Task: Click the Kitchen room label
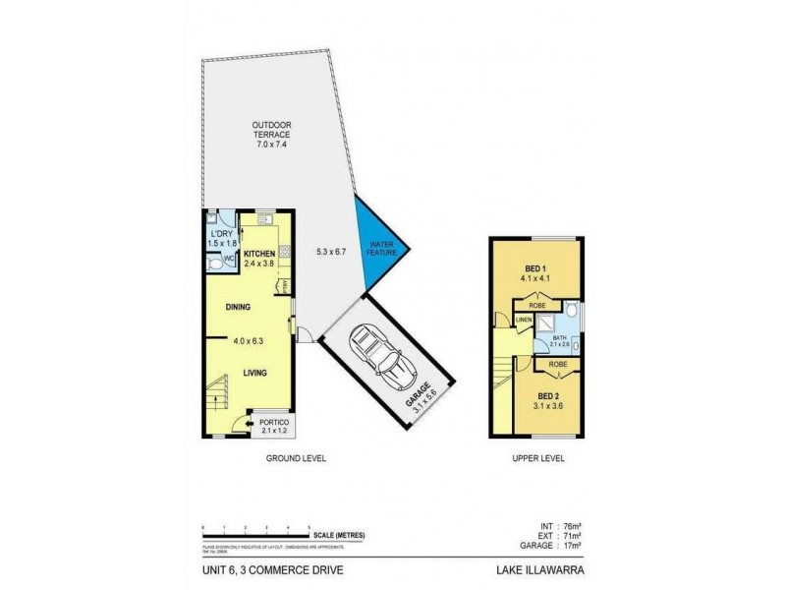point(259,253)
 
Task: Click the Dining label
point(238,307)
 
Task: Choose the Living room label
point(256,373)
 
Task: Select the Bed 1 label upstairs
point(535,268)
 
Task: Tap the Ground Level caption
point(296,459)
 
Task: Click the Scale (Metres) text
point(339,535)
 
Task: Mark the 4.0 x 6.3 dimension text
point(250,341)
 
